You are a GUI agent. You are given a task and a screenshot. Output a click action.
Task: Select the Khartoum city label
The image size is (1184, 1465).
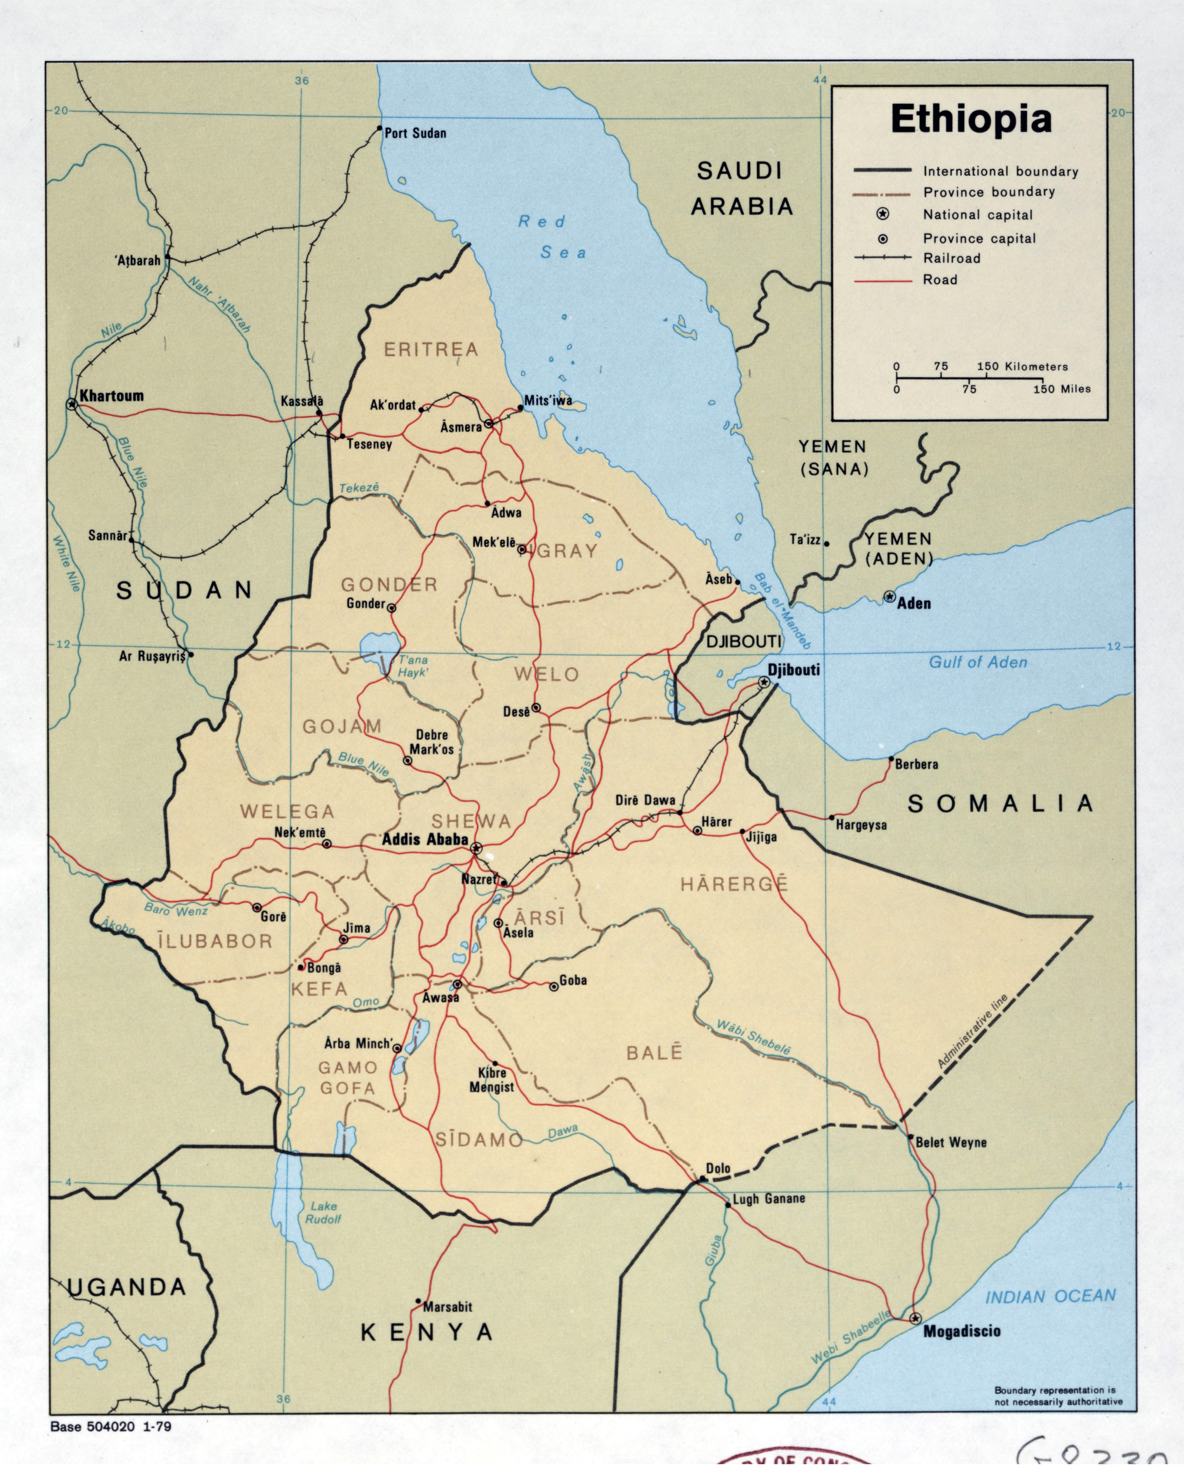(x=111, y=396)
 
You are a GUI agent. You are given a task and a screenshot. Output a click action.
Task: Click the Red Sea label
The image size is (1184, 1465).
(x=552, y=237)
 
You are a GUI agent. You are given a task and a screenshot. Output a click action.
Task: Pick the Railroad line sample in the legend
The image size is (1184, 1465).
(x=882, y=258)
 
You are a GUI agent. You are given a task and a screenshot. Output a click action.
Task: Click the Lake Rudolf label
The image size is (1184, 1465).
(x=323, y=1212)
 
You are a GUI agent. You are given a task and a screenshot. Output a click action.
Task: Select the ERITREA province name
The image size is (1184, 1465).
(x=431, y=350)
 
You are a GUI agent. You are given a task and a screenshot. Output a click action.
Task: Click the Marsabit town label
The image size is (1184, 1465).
(x=447, y=1307)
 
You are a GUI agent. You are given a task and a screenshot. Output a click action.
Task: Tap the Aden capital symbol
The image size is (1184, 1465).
(x=889, y=597)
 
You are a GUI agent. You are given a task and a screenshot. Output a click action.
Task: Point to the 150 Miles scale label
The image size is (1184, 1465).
(x=1061, y=389)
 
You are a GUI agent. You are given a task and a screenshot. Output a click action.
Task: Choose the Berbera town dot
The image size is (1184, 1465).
(x=891, y=758)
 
